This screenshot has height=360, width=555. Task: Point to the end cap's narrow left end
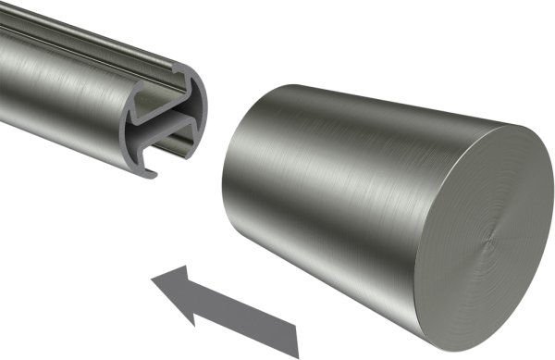(226, 185)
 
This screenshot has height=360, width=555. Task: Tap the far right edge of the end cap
(552, 222)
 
